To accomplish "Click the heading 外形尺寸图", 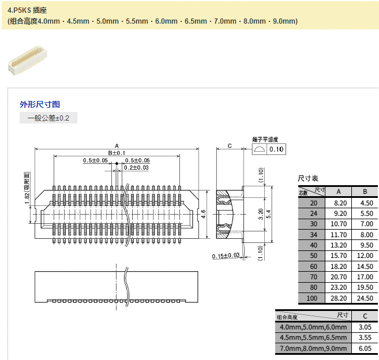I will (x=40, y=104).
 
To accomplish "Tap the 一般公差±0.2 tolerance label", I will (x=48, y=118).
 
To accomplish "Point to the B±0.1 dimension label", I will (x=117, y=152).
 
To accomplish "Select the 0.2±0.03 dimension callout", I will (x=137, y=167).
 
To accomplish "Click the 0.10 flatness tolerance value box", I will (x=277, y=149).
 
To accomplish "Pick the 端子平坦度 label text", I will (x=265, y=140).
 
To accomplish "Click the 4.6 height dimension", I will (x=203, y=213).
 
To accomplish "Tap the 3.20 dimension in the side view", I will (x=261, y=214).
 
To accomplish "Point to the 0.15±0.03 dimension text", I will (x=226, y=256).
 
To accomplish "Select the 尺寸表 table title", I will (x=307, y=178).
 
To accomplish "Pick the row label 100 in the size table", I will (x=313, y=298).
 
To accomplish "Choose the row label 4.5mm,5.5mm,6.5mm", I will (x=313, y=337).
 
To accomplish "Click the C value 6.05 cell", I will (x=365, y=348).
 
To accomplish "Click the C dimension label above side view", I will (x=230, y=146).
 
